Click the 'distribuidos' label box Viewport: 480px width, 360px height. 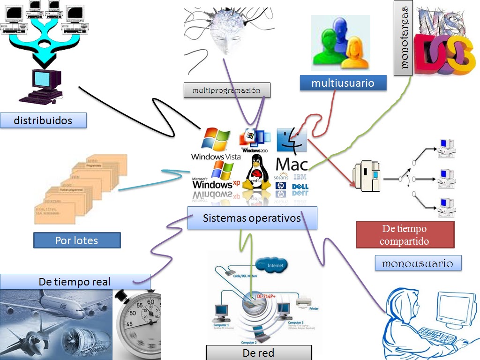tap(43, 120)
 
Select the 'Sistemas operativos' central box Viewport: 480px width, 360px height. tap(252, 218)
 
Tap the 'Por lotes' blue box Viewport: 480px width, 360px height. tap(77, 240)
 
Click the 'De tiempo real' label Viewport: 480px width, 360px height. tap(75, 282)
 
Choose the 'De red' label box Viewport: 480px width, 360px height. tap(258, 352)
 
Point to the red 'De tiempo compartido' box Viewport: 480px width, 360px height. tap(405, 235)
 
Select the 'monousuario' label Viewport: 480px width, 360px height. tap(418, 263)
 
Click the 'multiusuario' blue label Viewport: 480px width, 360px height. tap(343, 83)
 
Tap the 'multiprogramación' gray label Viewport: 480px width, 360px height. tap(226, 90)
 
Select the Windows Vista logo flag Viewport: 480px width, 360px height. tap(217, 140)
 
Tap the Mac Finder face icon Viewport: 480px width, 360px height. tap(291, 140)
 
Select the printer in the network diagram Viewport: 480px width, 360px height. tap(305, 302)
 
